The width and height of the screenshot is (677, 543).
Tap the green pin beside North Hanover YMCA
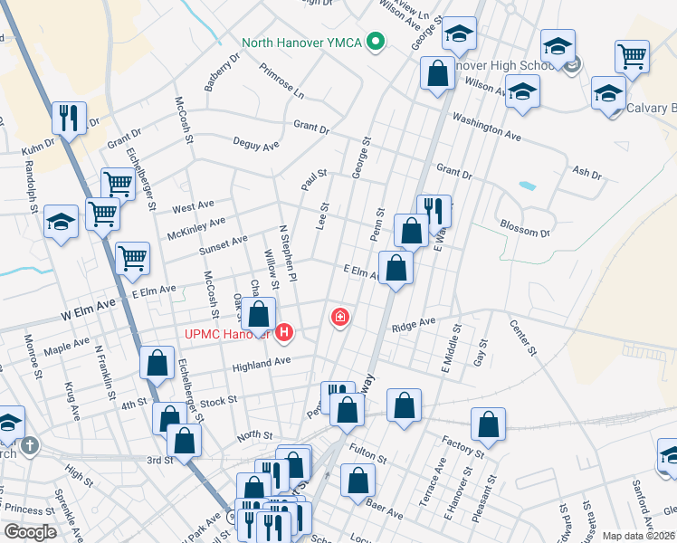[377, 42]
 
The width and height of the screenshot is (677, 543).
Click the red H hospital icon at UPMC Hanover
[285, 333]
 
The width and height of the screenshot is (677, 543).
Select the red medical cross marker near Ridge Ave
[340, 317]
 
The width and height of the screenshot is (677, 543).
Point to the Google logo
[30, 532]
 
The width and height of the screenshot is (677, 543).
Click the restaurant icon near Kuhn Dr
[69, 116]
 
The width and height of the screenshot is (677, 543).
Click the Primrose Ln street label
[281, 81]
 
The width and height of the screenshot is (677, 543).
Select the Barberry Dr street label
[222, 71]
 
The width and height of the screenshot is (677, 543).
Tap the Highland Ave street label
[261, 362]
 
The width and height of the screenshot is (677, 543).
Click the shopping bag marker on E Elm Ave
[396, 267]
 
